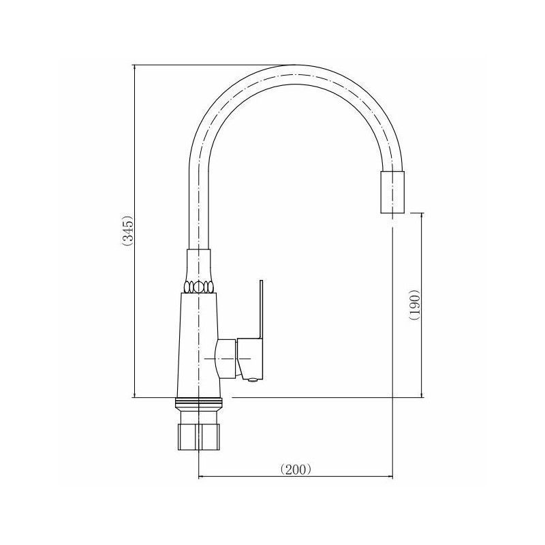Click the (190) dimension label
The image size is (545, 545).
(x=415, y=305)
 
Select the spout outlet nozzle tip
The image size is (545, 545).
(x=393, y=192)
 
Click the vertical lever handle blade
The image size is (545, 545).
(x=261, y=309)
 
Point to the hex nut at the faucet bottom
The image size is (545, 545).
(x=198, y=437)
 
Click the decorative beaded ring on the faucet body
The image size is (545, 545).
(x=198, y=287)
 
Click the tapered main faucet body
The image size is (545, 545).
(x=198, y=345)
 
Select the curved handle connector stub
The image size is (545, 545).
(x=226, y=358)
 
